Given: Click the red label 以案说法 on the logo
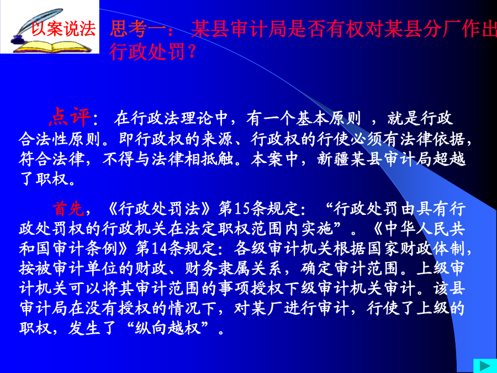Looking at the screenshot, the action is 64,29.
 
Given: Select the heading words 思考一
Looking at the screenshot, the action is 138,29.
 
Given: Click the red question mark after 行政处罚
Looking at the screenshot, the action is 191,52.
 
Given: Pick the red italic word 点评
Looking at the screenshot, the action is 70,117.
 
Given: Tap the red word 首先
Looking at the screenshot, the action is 68,209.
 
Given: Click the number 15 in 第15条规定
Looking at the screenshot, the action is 242,209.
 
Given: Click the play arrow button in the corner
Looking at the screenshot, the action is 485,366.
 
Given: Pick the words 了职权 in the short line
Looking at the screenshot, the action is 44,179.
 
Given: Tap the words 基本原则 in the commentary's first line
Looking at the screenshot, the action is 329,118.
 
